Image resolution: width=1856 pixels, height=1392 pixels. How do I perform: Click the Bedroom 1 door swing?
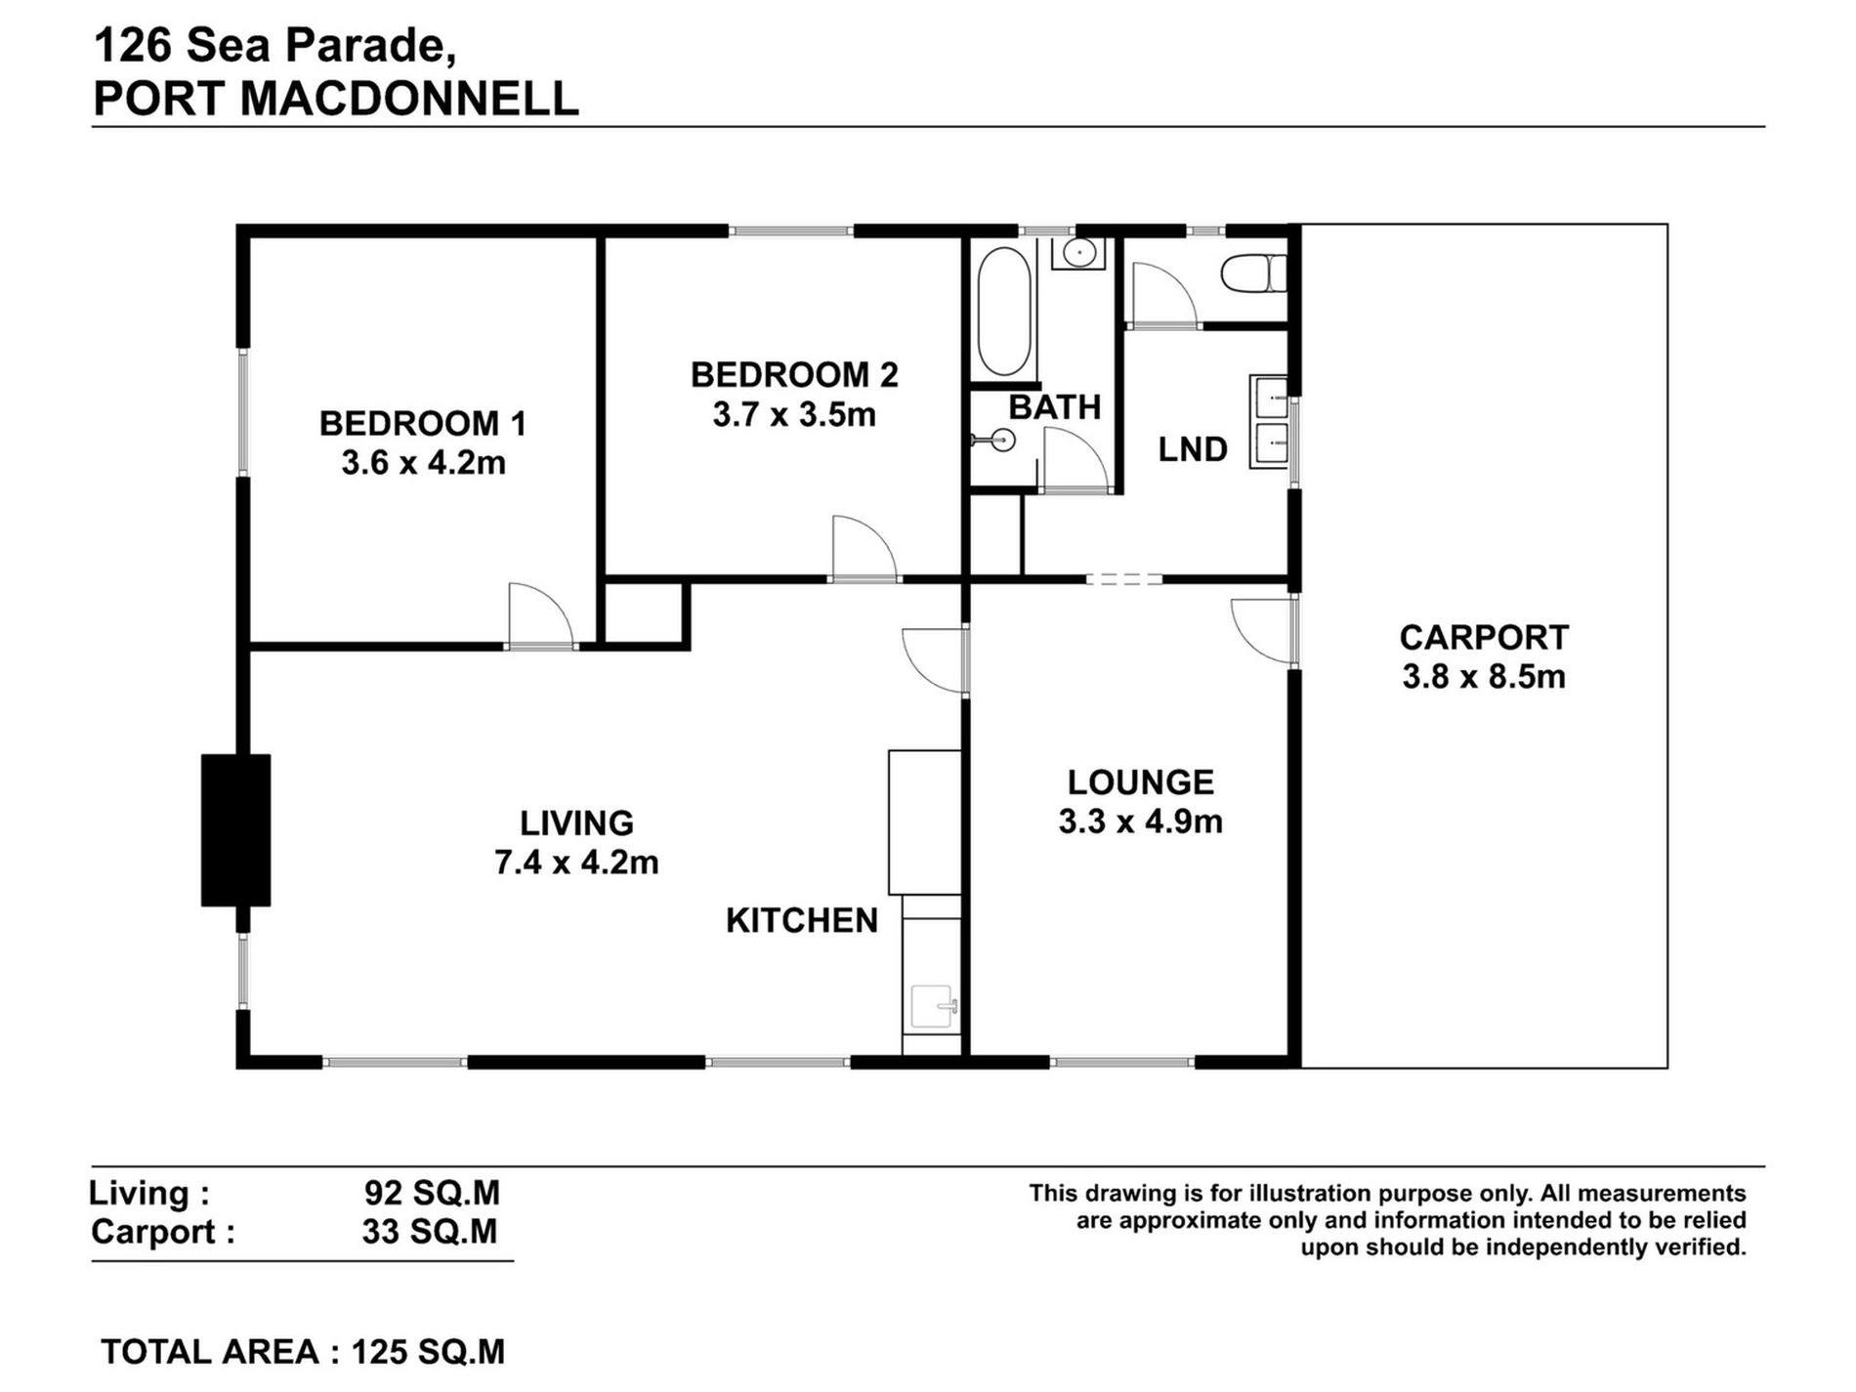(x=538, y=616)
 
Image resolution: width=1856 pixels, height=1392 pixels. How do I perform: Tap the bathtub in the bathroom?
(x=1003, y=311)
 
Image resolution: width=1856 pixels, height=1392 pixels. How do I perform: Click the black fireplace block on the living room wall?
(x=235, y=829)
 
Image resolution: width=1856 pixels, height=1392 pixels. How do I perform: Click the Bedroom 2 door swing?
(x=862, y=550)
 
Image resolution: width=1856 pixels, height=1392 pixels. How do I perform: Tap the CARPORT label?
(x=1483, y=637)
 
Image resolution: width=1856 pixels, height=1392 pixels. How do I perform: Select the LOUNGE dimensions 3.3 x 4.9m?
(x=1140, y=822)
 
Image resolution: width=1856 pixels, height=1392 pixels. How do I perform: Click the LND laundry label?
(x=1192, y=449)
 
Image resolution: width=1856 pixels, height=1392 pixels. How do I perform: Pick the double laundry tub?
(x=1270, y=422)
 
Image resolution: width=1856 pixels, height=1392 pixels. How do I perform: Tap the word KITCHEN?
(x=801, y=920)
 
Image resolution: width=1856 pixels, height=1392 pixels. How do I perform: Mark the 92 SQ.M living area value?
(x=431, y=1193)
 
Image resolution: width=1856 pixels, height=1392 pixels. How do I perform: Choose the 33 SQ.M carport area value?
(x=430, y=1232)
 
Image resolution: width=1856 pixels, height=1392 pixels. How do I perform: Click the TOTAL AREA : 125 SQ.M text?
(x=303, y=1352)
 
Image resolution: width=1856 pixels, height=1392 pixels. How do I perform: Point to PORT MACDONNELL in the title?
(x=336, y=100)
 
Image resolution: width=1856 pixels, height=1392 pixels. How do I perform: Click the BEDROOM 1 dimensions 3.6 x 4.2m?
(x=423, y=462)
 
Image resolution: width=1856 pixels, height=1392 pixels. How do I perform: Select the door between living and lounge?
(x=935, y=660)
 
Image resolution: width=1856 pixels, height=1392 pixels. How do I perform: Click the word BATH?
(x=1054, y=406)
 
